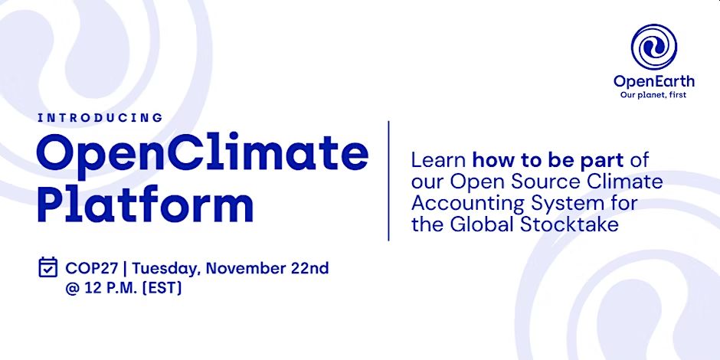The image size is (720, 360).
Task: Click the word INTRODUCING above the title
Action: [100, 117]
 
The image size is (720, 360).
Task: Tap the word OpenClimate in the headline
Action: [202, 153]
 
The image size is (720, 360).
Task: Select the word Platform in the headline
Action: [145, 205]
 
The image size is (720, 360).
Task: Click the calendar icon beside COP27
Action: [47, 267]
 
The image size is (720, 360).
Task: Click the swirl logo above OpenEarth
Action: [654, 47]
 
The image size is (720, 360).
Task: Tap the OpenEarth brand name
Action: [654, 82]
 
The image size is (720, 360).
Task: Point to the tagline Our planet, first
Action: [653, 95]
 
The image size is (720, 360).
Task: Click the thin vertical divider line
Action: [388, 181]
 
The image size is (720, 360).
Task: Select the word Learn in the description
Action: [439, 160]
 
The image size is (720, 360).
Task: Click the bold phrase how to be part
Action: [548, 161]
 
